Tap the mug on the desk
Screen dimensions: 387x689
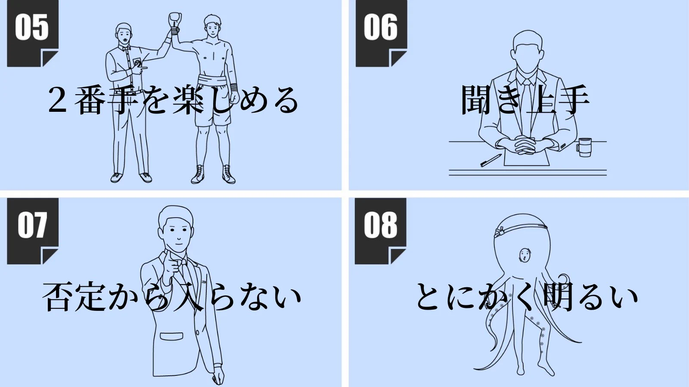coord(584,147)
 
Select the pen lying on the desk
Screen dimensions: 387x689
coord(491,160)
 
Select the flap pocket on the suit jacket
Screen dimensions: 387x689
coord(171,336)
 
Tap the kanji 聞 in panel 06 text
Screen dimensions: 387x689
coord(476,100)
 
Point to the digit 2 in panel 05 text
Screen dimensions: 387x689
coord(58,100)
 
